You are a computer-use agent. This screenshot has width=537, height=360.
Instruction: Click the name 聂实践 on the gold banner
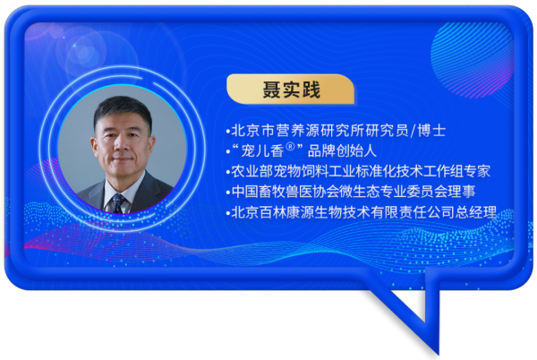292,90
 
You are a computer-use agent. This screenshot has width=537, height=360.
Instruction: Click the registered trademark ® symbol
290,147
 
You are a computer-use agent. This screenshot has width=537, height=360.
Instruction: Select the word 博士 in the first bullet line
431,131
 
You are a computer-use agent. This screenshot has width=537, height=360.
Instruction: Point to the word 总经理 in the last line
476,212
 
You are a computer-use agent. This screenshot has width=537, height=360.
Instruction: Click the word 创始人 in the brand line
356,150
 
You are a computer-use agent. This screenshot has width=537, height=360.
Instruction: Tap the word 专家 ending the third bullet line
477,171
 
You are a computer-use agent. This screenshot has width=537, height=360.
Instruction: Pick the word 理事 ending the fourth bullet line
462,192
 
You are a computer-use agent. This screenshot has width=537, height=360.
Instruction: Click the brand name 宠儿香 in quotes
262,151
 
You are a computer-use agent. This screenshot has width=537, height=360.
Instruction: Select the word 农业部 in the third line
252,171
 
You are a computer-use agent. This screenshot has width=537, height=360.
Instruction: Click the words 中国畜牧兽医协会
286,192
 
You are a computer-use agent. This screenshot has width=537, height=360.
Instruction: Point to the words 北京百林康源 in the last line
272,212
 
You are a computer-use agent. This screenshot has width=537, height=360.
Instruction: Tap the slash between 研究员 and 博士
413,131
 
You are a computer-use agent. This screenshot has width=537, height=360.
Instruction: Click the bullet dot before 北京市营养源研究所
228,132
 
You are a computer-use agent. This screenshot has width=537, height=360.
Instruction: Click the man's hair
122,109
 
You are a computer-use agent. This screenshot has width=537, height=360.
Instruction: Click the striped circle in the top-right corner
472,60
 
